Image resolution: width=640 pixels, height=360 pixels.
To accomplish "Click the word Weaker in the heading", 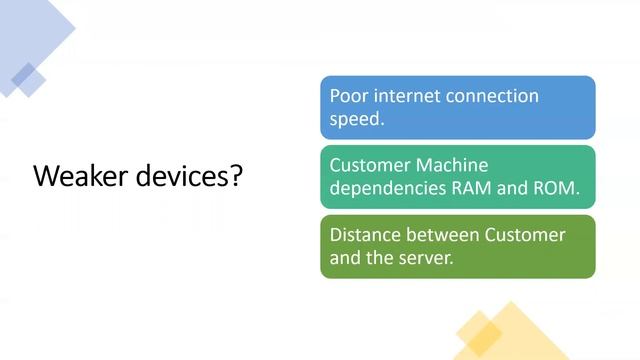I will [75, 176].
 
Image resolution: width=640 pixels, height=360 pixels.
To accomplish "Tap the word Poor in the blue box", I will [349, 96].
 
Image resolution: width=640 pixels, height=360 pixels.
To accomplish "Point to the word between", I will [445, 235].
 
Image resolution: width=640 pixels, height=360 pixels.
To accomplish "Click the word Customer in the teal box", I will [371, 165].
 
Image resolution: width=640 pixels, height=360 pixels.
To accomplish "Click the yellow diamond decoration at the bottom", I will [510, 331].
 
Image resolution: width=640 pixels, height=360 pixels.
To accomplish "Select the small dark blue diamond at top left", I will [27, 79].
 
